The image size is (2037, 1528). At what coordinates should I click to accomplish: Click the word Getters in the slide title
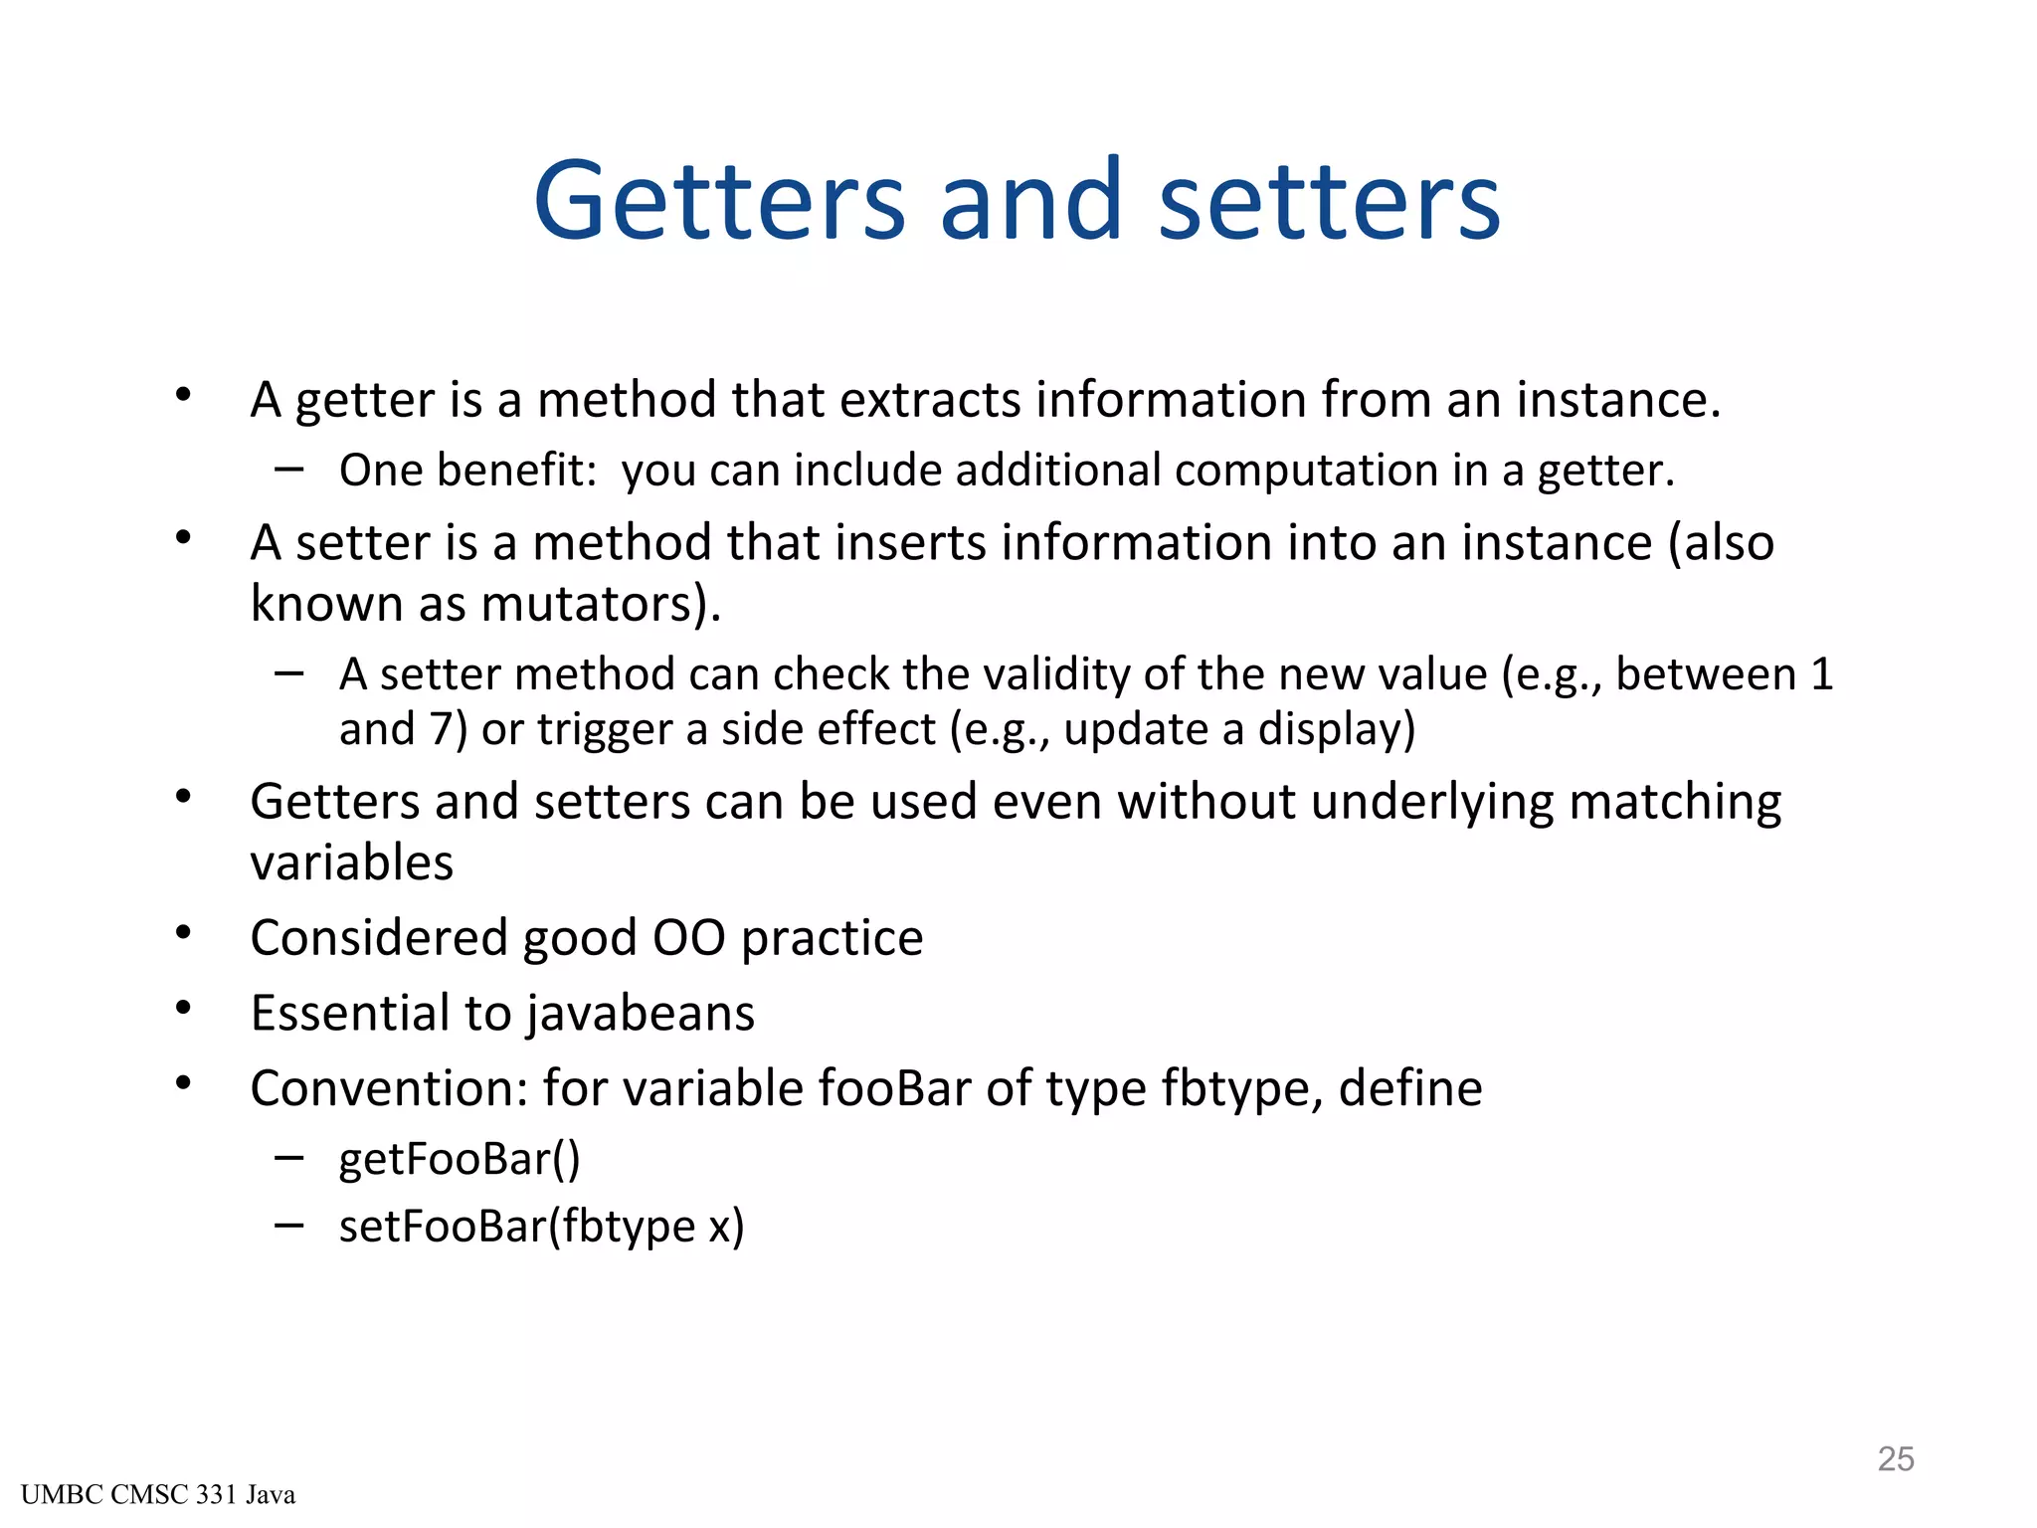pyautogui.click(x=719, y=202)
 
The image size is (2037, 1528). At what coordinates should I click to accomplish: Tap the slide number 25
pyautogui.click(x=1896, y=1458)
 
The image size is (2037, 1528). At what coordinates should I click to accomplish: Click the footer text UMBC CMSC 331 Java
pyautogui.click(x=158, y=1495)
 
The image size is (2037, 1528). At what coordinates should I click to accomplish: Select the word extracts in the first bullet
pyautogui.click(x=929, y=400)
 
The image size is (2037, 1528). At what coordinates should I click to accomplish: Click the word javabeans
pyautogui.click(x=641, y=1014)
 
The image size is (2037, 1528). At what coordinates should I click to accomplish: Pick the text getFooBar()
pyautogui.click(x=460, y=1160)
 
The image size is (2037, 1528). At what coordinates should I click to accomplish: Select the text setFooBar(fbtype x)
pyautogui.click(x=541, y=1227)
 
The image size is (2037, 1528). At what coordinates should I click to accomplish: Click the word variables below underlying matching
pyautogui.click(x=351, y=862)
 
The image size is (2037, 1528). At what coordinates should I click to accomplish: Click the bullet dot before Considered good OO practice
pyautogui.click(x=183, y=933)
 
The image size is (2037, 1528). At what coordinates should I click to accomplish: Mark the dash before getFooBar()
pyautogui.click(x=289, y=1157)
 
